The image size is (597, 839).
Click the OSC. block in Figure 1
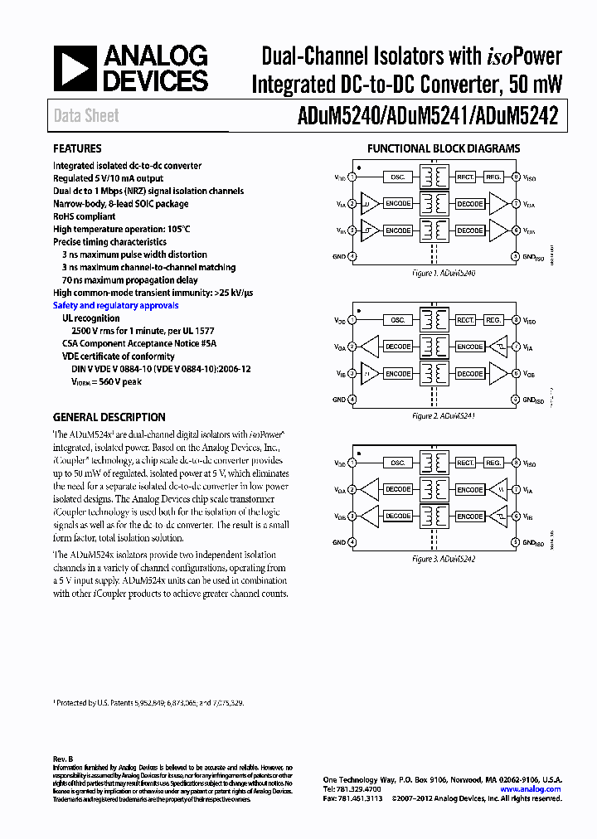(x=398, y=177)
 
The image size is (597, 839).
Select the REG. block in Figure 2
(x=493, y=320)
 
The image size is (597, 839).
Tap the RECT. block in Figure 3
(x=465, y=463)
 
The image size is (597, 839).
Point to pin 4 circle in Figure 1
(x=352, y=257)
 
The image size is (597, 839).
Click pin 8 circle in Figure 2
(x=515, y=320)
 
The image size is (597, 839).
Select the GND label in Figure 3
(x=339, y=542)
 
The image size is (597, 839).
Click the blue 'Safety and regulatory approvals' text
(x=115, y=305)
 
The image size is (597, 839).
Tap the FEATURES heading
(x=77, y=148)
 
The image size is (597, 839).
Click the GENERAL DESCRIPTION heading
(x=109, y=417)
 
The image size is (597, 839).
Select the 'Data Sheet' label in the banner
(x=86, y=116)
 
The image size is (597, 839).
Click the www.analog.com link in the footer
(x=531, y=789)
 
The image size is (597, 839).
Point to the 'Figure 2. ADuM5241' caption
(x=444, y=415)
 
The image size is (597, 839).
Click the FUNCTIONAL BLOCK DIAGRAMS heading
(x=444, y=149)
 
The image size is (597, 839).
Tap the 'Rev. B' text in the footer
(x=63, y=759)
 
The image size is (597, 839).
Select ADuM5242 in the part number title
(x=522, y=117)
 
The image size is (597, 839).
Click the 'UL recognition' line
(x=91, y=318)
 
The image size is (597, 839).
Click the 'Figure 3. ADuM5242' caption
(x=444, y=559)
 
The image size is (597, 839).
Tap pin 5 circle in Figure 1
(x=515, y=257)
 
